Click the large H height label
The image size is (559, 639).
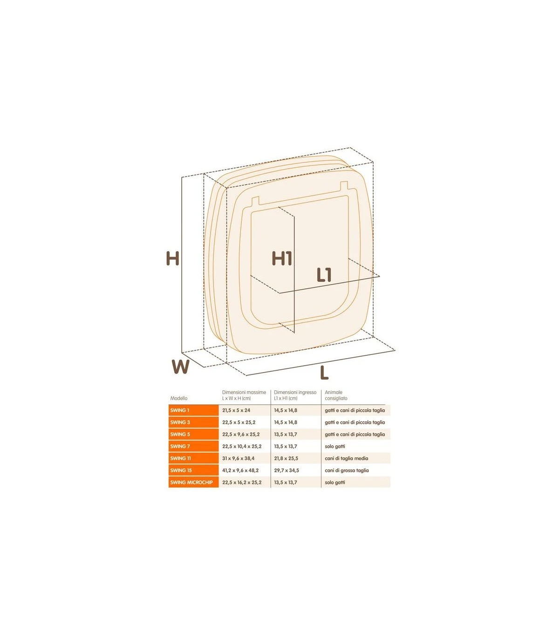click(x=172, y=258)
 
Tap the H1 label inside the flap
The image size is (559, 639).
click(x=282, y=258)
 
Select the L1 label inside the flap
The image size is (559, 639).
click(x=324, y=275)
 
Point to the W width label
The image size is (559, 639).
click(x=180, y=367)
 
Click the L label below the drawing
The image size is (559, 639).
click(x=324, y=373)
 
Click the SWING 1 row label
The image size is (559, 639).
click(x=180, y=410)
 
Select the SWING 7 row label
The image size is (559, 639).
click(x=180, y=446)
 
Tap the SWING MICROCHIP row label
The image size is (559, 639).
click(x=191, y=483)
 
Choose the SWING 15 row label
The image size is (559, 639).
click(x=181, y=470)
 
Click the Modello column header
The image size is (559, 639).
click(x=179, y=398)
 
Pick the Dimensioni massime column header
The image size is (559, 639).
click(x=244, y=395)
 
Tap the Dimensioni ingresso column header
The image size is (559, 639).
click(x=295, y=395)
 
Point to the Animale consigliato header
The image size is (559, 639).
click(x=336, y=395)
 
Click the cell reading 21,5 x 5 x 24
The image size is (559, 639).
click(x=236, y=410)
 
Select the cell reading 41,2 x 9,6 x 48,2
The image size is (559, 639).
click(x=240, y=470)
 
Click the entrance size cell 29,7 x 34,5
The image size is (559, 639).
click(x=286, y=470)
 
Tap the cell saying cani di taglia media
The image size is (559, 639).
click(x=347, y=458)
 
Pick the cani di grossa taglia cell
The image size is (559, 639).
click(x=347, y=470)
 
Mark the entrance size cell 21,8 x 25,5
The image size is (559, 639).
click(x=286, y=458)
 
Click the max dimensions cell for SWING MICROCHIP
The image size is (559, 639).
click(x=242, y=483)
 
